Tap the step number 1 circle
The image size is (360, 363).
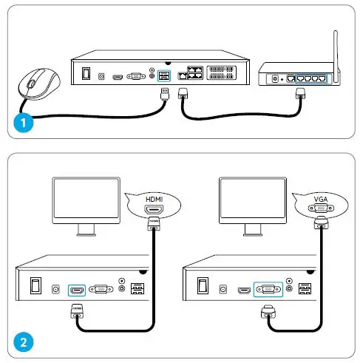(24, 123)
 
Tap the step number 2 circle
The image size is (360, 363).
(24, 342)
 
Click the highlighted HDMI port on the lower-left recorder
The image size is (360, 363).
(77, 289)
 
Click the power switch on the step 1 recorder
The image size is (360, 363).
(87, 75)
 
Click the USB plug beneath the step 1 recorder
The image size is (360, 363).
(166, 94)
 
